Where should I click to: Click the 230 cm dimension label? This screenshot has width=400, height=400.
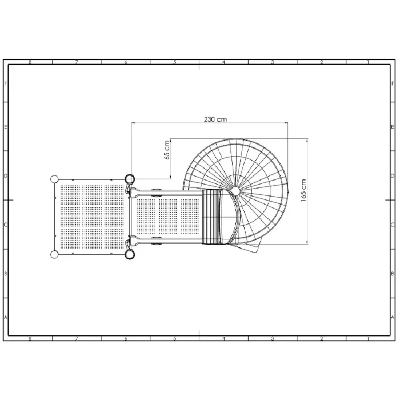tap(215, 119)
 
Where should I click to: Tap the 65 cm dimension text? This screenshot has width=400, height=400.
tap(167, 150)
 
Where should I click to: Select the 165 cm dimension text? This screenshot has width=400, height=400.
tap(303, 190)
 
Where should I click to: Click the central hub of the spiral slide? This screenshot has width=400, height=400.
tap(235, 191)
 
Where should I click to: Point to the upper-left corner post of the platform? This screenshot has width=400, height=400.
tap(54, 179)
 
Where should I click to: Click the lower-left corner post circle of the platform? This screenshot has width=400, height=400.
tap(54, 254)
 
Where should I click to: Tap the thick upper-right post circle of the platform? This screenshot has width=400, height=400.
tap(130, 179)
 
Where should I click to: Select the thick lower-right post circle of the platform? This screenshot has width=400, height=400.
tap(130, 254)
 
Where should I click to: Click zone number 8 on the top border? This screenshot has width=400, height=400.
tap(30, 62)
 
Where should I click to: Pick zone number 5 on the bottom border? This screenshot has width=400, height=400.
tap(175, 339)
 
